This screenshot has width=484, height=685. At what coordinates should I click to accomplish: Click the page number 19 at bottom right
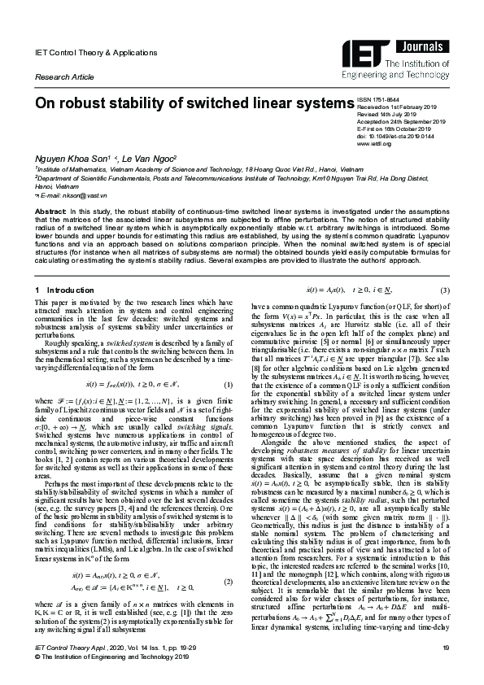(x=446, y=669)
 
